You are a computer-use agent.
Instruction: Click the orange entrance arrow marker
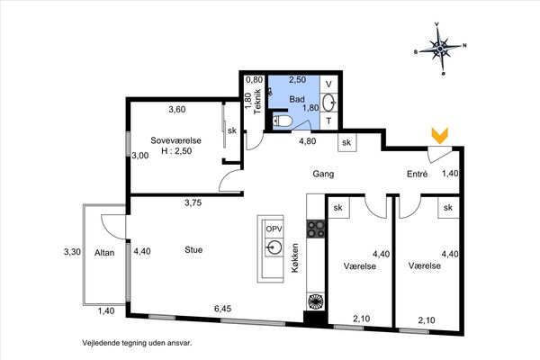440,135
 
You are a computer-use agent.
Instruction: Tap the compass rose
440,49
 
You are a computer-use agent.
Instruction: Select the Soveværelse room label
176,140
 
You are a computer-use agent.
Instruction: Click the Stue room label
193,250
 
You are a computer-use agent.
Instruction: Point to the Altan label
104,253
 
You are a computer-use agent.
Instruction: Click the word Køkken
295,258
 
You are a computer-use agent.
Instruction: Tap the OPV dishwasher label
274,229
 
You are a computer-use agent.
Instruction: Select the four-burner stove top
316,229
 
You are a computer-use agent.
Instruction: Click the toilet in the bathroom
282,121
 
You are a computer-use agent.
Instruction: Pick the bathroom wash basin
328,103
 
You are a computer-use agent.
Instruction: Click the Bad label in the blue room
297,100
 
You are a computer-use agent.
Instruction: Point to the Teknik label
258,102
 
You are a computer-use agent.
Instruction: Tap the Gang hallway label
323,174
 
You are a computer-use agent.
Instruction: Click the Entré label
418,174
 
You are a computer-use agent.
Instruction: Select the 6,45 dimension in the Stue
223,309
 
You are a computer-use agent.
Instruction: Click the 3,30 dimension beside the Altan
72,252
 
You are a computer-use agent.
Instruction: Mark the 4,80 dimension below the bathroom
308,141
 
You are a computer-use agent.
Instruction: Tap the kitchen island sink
274,247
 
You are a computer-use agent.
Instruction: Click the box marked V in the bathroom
328,84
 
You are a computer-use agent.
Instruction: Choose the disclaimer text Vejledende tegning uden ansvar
137,343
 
